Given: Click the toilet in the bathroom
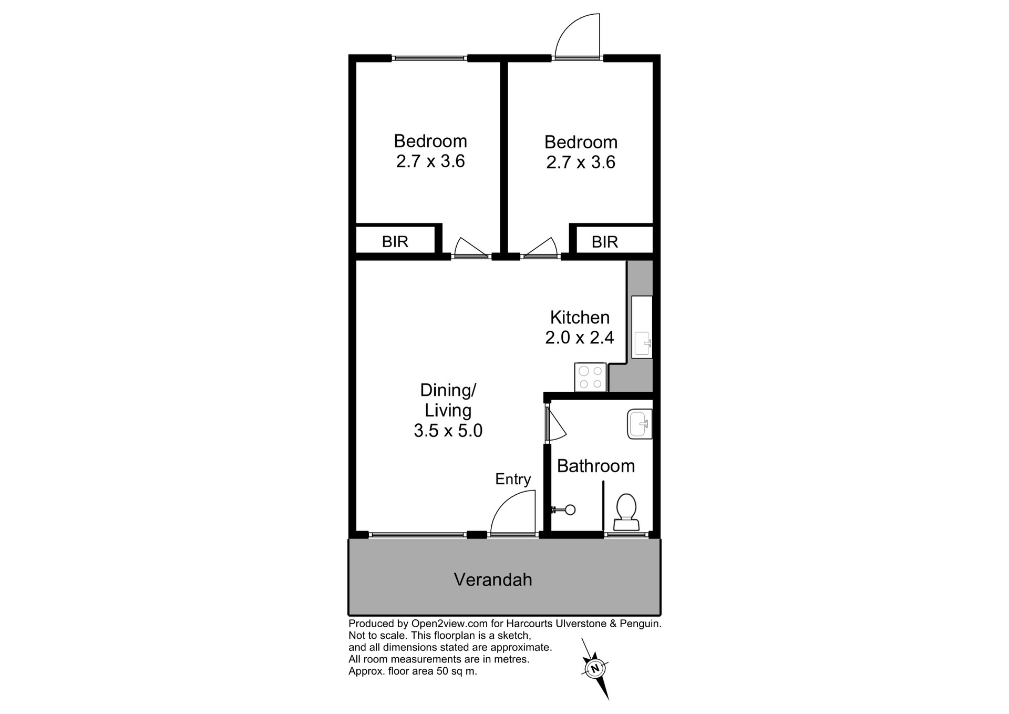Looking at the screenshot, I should pyautogui.click(x=626, y=512).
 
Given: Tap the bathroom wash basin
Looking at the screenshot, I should pyautogui.click(x=640, y=424).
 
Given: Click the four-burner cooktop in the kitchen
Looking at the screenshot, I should pyautogui.click(x=590, y=377).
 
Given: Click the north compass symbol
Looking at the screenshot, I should pyautogui.click(x=595, y=669).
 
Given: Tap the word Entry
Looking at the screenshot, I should pyautogui.click(x=513, y=479).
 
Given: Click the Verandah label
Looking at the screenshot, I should pyautogui.click(x=493, y=579).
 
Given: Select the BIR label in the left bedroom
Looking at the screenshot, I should pyautogui.click(x=395, y=241).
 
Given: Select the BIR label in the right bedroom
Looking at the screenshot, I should pyautogui.click(x=604, y=242).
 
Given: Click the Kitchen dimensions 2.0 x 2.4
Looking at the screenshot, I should pyautogui.click(x=579, y=338).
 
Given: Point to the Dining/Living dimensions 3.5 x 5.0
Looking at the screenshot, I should pyautogui.click(x=448, y=431).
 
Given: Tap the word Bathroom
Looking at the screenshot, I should pyautogui.click(x=595, y=466).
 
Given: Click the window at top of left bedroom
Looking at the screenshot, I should pyautogui.click(x=429, y=58).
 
